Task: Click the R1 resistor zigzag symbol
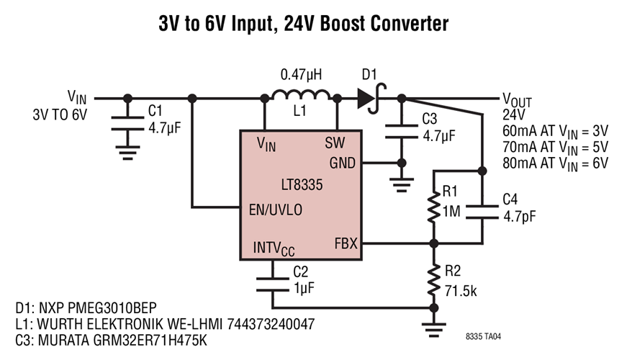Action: pos(433,206)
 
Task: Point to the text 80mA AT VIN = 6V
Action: pos(555,163)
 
